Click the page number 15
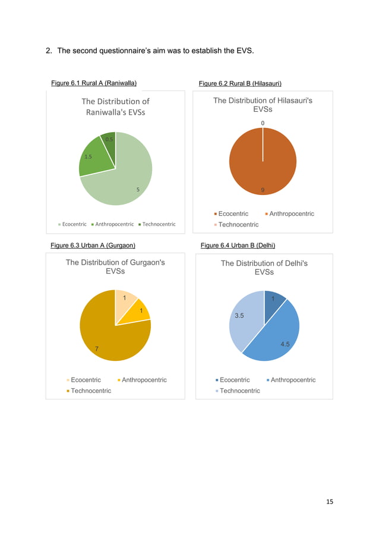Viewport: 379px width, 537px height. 330,501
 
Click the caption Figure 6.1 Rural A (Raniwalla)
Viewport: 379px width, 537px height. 94,83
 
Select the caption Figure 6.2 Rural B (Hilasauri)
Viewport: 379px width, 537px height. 241,83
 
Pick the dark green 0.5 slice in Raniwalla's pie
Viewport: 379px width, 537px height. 109,140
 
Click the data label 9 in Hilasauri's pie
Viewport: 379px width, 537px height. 263,190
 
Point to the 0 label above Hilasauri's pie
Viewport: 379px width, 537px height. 263,124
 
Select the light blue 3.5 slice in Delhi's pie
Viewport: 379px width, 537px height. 244,318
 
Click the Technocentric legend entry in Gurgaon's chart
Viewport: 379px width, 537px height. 90,391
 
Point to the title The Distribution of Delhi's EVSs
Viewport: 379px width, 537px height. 264,268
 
